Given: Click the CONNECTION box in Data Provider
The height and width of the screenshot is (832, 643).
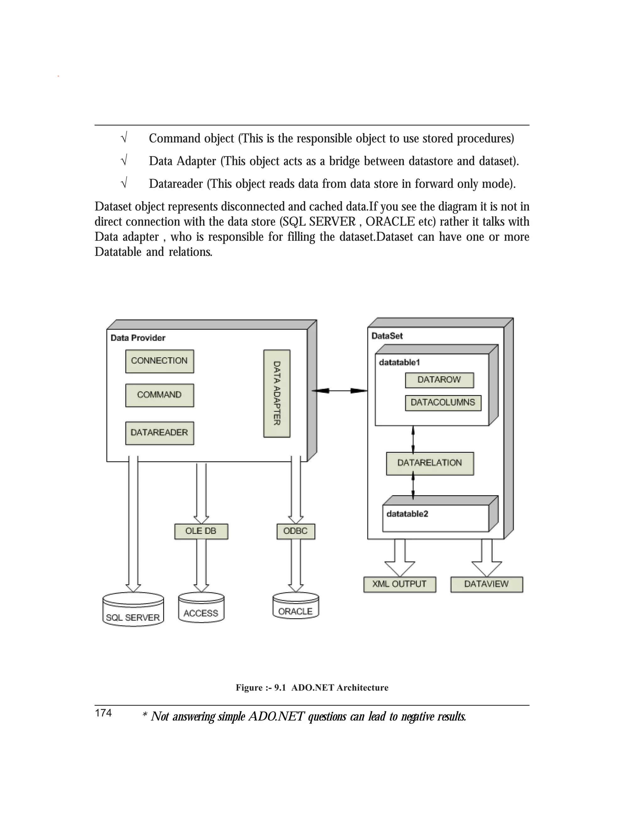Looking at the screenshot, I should click(159, 361).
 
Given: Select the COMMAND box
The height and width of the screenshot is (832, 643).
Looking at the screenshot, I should click(159, 395).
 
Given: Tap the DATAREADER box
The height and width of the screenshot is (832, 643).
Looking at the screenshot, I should click(159, 433).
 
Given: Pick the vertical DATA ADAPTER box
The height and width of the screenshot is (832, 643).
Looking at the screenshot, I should click(277, 393).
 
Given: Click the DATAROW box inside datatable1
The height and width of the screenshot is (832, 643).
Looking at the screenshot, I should click(439, 380).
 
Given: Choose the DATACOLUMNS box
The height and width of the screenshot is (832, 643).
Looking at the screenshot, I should click(443, 403).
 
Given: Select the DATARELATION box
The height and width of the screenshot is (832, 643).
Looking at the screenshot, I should click(430, 463).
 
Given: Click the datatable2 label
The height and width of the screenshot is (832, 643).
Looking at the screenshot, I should click(407, 514).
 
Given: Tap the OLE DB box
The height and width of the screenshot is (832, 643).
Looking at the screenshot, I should click(201, 531).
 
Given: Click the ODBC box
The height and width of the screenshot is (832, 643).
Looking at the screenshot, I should click(295, 531).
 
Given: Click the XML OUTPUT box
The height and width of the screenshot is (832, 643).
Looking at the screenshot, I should click(399, 584).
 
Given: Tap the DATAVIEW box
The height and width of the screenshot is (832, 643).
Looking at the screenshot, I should click(486, 584).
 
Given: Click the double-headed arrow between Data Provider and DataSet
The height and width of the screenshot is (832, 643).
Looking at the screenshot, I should click(339, 391).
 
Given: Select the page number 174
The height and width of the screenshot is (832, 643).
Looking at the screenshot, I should click(103, 713).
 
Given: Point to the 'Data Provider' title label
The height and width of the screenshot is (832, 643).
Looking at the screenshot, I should click(138, 338).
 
